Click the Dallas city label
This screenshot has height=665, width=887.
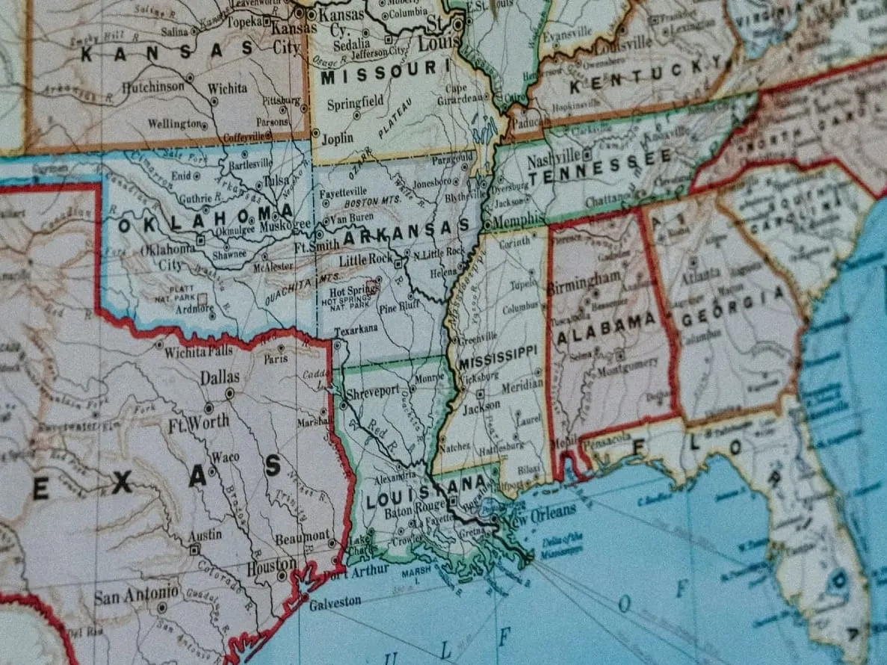tap(219, 377)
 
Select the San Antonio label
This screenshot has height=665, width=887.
tap(136, 595)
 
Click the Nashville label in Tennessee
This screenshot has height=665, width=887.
tap(554, 158)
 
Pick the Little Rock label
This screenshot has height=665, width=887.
tap(365, 260)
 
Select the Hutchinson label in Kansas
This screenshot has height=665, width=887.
tap(152, 87)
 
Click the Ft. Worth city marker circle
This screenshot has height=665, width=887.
tap(208, 408)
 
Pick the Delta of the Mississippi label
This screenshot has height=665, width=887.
tap(563, 543)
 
